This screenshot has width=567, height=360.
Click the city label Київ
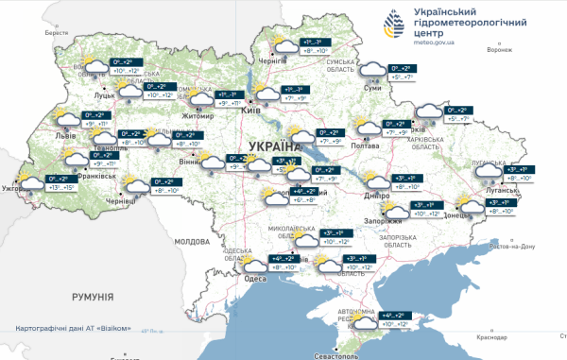[251, 111]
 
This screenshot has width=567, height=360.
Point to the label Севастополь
[324, 355]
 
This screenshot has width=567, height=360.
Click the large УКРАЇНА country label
[272, 146]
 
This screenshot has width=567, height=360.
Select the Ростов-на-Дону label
[511, 247]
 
